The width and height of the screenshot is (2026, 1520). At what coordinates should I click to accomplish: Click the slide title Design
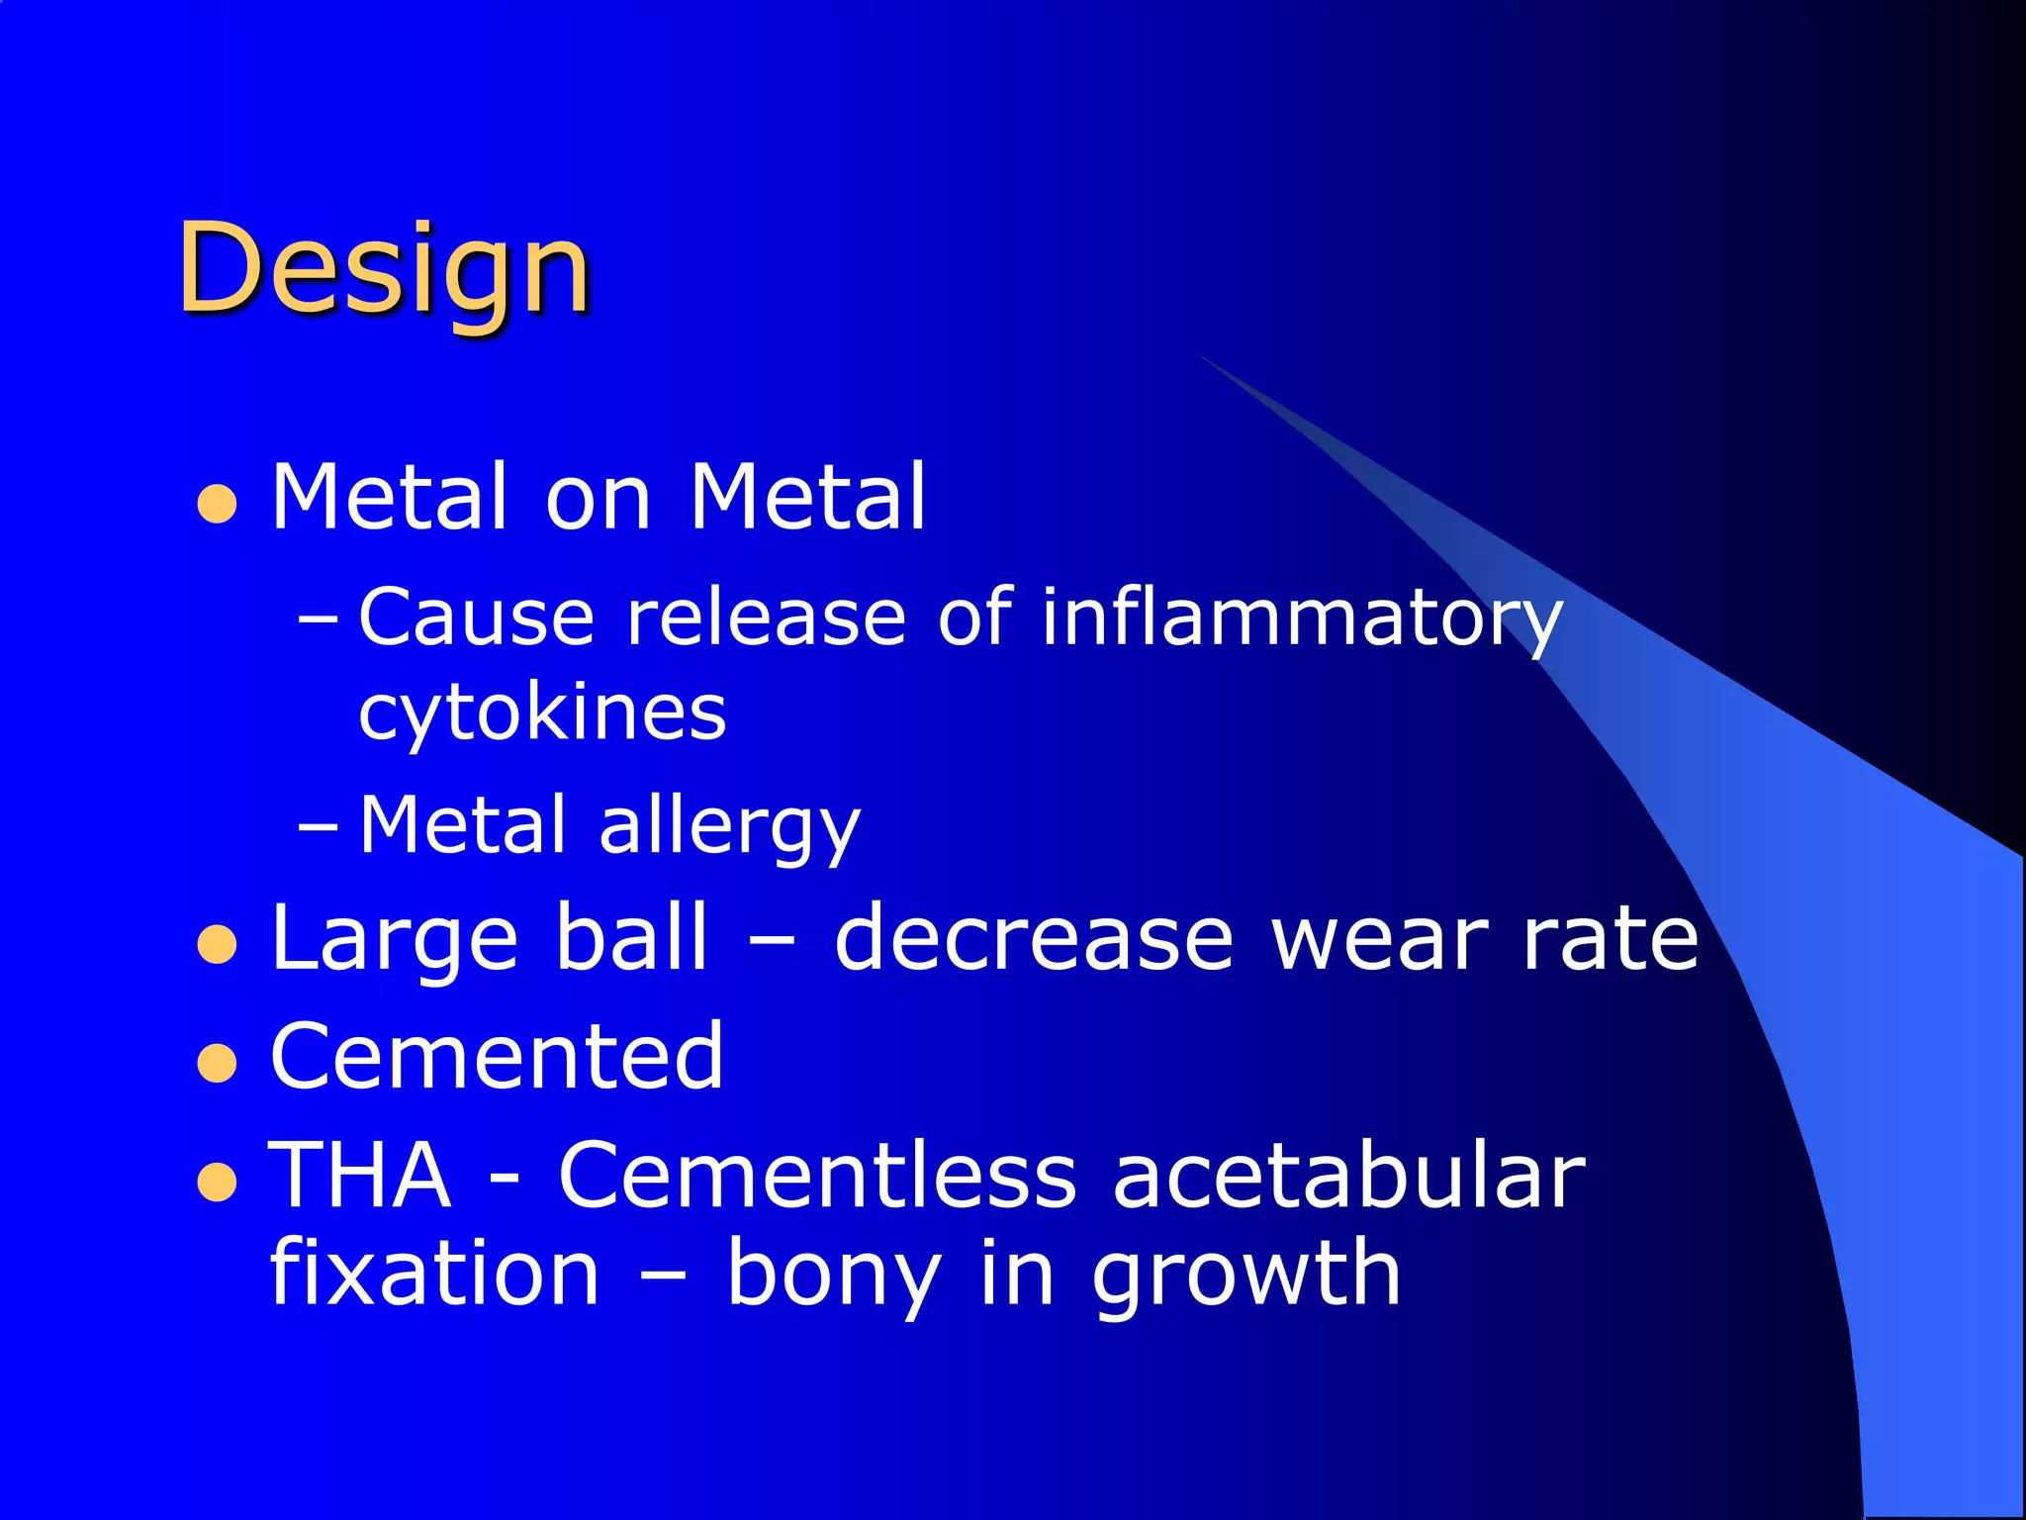384,269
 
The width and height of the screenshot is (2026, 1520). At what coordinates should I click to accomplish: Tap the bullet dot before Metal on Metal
217,504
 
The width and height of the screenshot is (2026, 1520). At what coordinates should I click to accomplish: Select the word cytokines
542,712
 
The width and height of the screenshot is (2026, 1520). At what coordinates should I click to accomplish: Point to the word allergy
730,827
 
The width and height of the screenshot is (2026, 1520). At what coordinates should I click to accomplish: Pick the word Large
394,940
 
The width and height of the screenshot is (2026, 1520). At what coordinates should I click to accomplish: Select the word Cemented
497,1057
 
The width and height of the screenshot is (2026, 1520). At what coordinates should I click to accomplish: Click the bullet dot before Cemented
217,1065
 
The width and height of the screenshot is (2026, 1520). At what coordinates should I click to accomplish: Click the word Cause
476,618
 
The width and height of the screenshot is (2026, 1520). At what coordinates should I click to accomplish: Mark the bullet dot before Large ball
217,944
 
